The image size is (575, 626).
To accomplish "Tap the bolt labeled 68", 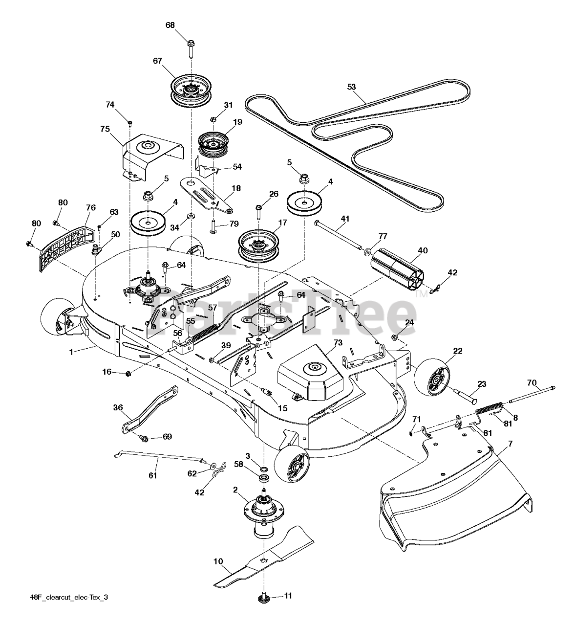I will point(190,49).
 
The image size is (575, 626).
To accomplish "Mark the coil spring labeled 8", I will point(489,407).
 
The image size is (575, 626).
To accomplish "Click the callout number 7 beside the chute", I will point(510,444).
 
